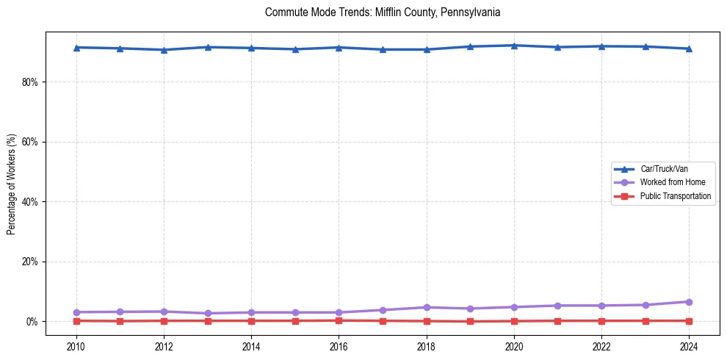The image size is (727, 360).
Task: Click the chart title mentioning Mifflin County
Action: [383, 12]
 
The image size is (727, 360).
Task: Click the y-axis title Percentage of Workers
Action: [12, 184]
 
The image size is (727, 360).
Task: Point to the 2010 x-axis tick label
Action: [76, 347]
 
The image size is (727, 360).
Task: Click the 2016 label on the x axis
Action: [339, 347]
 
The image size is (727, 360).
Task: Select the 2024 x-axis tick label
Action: [689, 347]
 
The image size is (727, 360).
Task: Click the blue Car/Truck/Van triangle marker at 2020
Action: [514, 46]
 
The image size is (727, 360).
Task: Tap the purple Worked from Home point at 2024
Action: [689, 302]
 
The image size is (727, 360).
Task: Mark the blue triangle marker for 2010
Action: [76, 47]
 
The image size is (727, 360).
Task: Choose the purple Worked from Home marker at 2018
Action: [427, 307]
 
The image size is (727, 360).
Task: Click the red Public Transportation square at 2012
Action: [164, 321]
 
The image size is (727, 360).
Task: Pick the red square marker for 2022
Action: [601, 321]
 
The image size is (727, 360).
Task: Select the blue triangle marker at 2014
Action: [251, 48]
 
